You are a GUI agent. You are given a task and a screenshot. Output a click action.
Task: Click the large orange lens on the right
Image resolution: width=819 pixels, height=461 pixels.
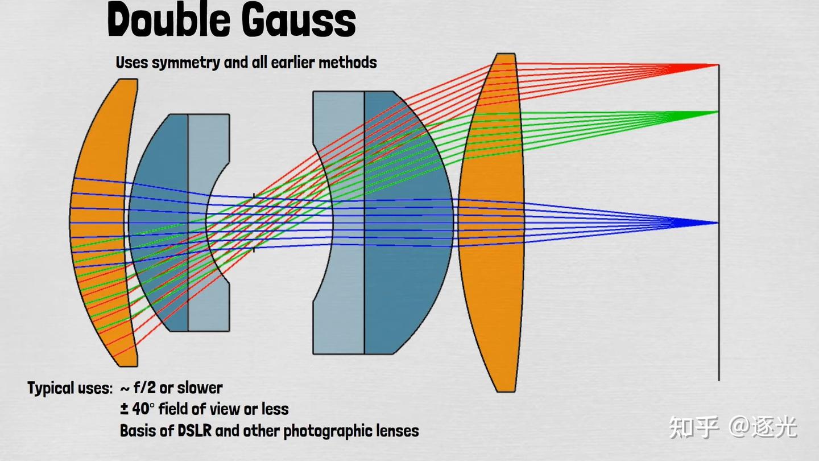(492, 223)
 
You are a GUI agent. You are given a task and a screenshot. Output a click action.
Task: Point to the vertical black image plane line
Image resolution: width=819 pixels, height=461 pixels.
(719, 223)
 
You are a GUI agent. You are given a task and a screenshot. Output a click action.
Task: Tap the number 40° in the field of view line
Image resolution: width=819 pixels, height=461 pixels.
(141, 409)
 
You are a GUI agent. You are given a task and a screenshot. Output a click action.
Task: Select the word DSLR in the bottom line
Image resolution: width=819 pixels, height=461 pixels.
(195, 431)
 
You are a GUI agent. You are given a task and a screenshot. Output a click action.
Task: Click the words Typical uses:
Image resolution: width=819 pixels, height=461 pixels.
(70, 388)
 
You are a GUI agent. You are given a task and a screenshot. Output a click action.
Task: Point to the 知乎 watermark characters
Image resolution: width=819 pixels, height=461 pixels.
(694, 427)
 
